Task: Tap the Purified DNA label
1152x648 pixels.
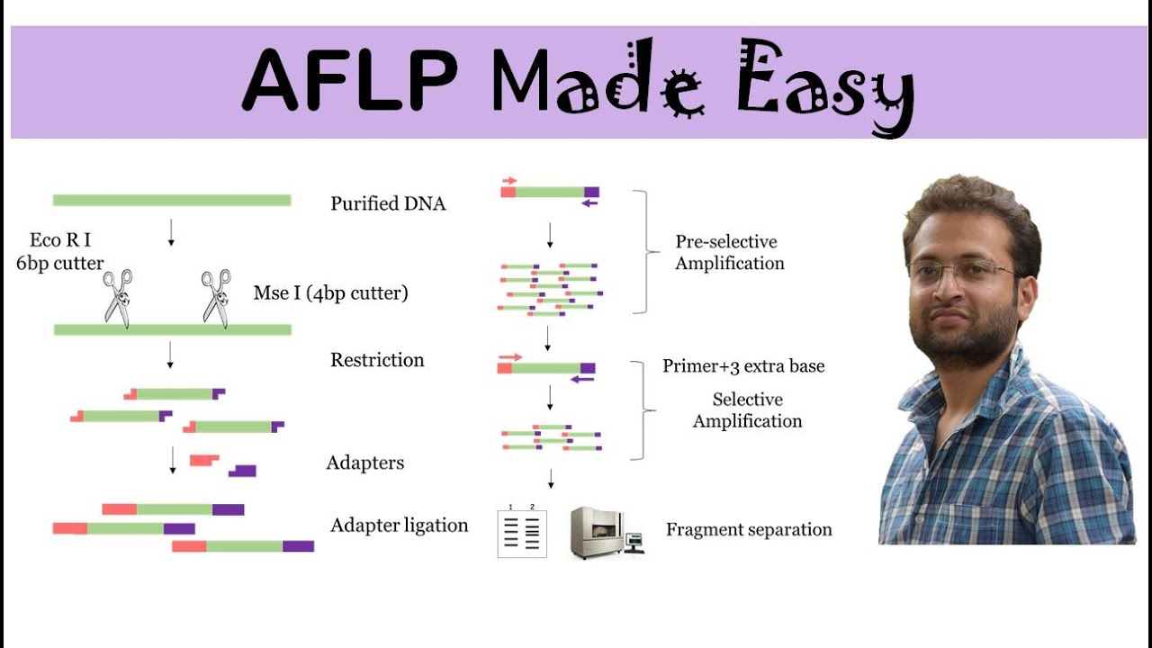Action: pyautogui.click(x=388, y=203)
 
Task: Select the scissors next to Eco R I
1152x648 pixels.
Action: pyautogui.click(x=118, y=297)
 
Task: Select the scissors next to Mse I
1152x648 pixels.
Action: pyautogui.click(x=216, y=297)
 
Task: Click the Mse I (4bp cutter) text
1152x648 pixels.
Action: pyautogui.click(x=330, y=293)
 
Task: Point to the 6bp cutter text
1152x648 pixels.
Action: pyautogui.click(x=60, y=264)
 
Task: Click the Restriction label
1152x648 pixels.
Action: pyautogui.click(x=377, y=360)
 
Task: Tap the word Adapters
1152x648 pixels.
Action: pyautogui.click(x=364, y=463)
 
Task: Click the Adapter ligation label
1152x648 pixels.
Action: pyautogui.click(x=399, y=525)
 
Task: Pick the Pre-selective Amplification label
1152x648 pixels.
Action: pyautogui.click(x=729, y=252)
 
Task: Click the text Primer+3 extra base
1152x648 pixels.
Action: pyautogui.click(x=743, y=365)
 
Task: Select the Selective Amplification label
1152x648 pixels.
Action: pyautogui.click(x=747, y=409)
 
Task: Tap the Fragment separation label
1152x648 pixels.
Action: pyautogui.click(x=749, y=529)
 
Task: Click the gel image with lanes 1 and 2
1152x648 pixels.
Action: pyautogui.click(x=522, y=533)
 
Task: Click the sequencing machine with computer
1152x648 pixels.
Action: pyautogui.click(x=607, y=532)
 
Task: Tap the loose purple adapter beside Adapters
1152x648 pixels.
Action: pyautogui.click(x=243, y=471)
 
